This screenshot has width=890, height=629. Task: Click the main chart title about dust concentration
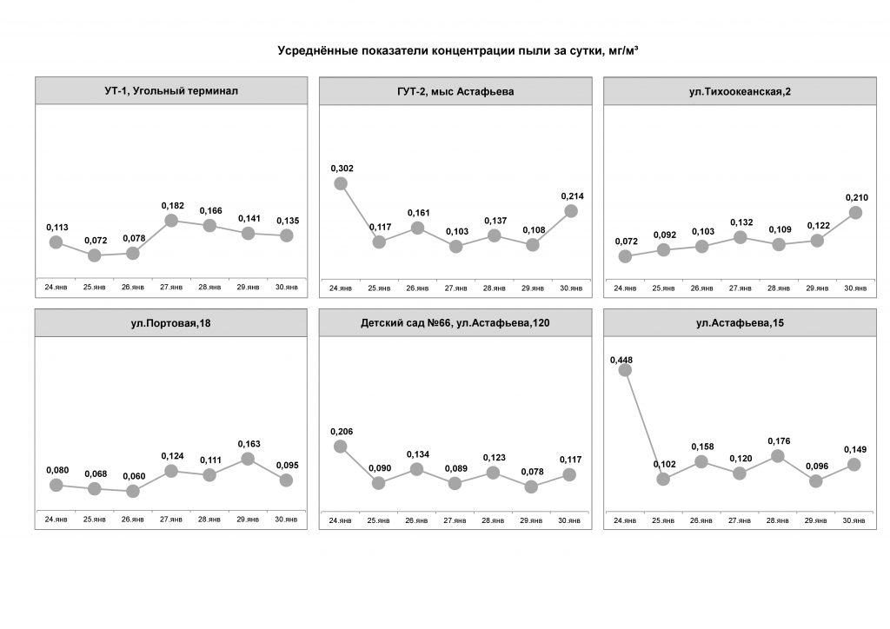[x=458, y=51]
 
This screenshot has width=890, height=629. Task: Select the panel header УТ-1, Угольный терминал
[x=171, y=90]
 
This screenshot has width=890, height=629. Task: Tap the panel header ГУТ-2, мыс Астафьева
[x=455, y=91]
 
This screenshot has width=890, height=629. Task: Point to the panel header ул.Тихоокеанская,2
[x=739, y=91]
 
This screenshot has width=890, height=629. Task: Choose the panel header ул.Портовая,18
[x=171, y=324]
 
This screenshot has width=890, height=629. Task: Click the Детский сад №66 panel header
[x=455, y=324]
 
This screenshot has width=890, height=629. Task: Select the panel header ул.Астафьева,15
[x=739, y=324]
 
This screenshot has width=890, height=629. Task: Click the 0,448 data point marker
[x=625, y=370]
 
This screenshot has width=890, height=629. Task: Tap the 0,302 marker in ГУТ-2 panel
[x=341, y=183]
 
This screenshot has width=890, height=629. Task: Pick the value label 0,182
[x=171, y=205]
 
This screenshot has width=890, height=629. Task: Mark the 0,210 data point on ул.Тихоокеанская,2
[x=855, y=212]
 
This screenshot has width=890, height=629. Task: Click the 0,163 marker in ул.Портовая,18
[x=248, y=459]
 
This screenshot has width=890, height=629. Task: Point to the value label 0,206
[x=341, y=432]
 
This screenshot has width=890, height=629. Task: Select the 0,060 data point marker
[x=133, y=491]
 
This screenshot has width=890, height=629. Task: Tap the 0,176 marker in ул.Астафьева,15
[x=778, y=455]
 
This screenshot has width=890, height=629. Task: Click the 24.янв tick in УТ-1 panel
[x=56, y=286]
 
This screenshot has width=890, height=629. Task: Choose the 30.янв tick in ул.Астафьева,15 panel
[x=855, y=520]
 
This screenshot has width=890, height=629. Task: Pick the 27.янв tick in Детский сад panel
[x=455, y=520]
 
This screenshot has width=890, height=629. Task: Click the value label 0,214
[x=571, y=196]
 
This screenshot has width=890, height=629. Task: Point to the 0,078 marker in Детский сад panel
[x=532, y=487]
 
